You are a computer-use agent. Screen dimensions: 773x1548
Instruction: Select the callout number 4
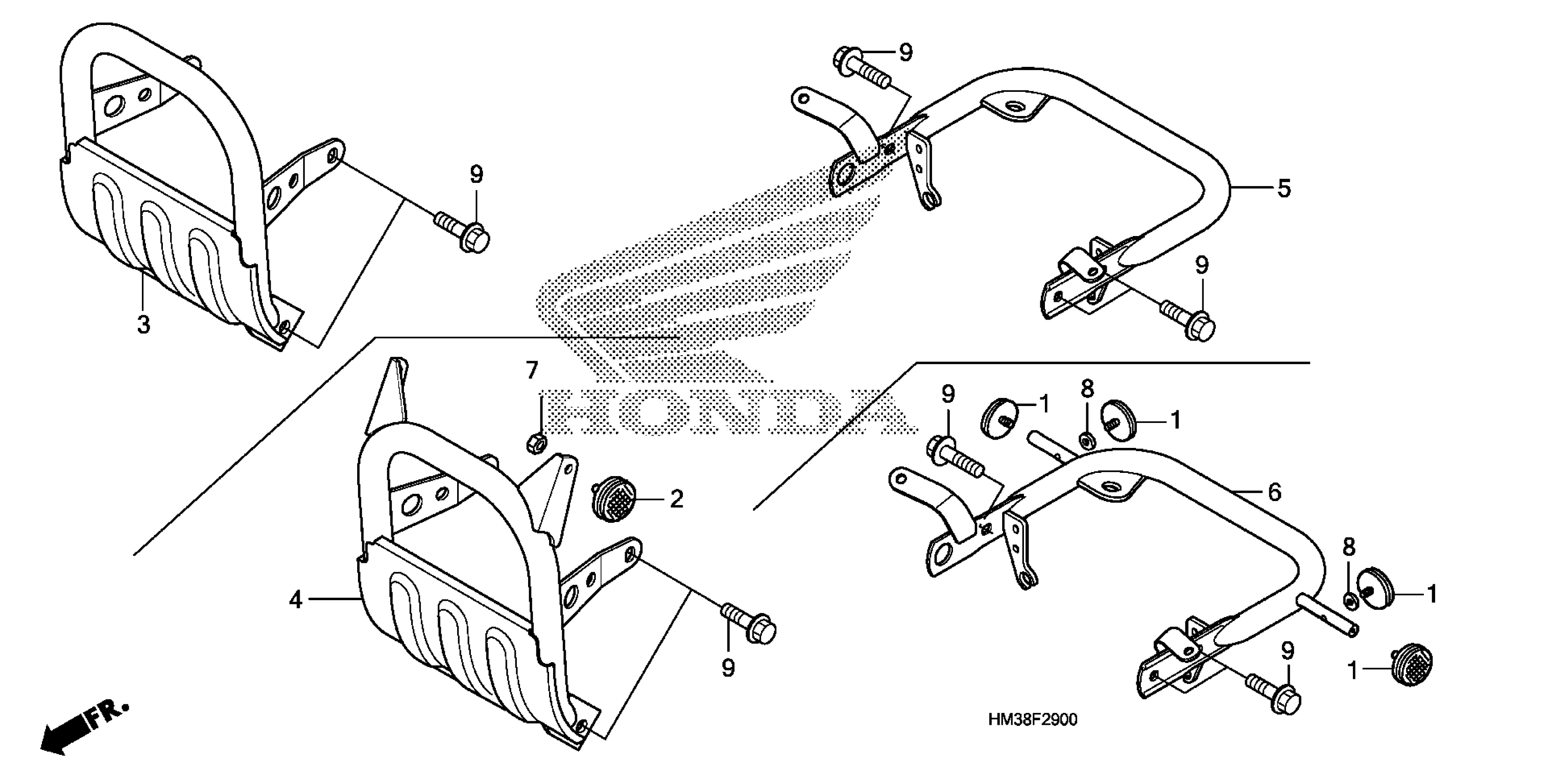tap(295, 599)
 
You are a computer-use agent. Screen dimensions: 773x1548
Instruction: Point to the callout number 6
tap(1274, 492)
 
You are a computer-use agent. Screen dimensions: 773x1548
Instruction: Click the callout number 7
tap(531, 371)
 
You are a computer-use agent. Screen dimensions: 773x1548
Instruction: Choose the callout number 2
tap(676, 499)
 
